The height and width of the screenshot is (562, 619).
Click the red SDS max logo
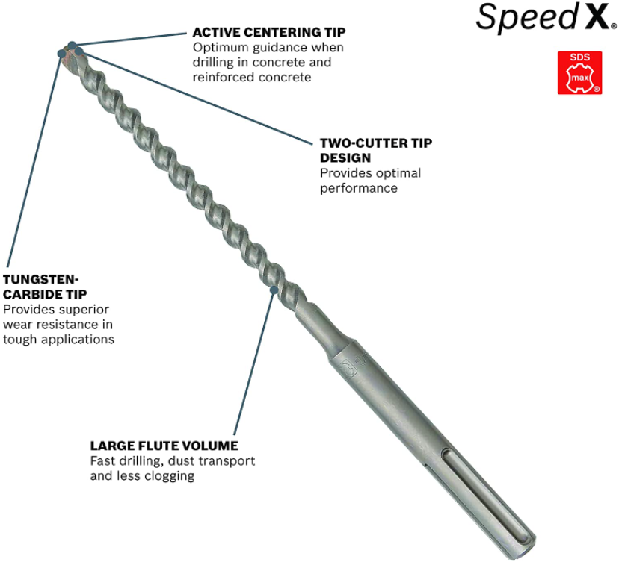tap(579, 72)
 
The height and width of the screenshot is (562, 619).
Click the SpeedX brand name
tap(546, 16)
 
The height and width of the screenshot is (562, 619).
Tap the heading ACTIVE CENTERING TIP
tap(269, 32)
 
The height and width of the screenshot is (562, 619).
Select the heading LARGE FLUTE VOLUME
tap(164, 446)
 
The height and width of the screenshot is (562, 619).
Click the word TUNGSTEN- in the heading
tap(41, 279)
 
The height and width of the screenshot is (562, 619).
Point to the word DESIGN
tap(345, 158)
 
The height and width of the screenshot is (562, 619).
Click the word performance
tap(359, 189)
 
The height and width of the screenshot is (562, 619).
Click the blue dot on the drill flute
tap(274, 290)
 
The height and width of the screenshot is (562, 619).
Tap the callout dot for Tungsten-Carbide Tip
tap(61, 53)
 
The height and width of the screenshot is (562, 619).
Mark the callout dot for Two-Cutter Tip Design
tap(79, 51)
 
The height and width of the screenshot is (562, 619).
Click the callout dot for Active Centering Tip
tap(72, 46)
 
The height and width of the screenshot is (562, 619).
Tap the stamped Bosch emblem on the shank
tap(348, 369)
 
